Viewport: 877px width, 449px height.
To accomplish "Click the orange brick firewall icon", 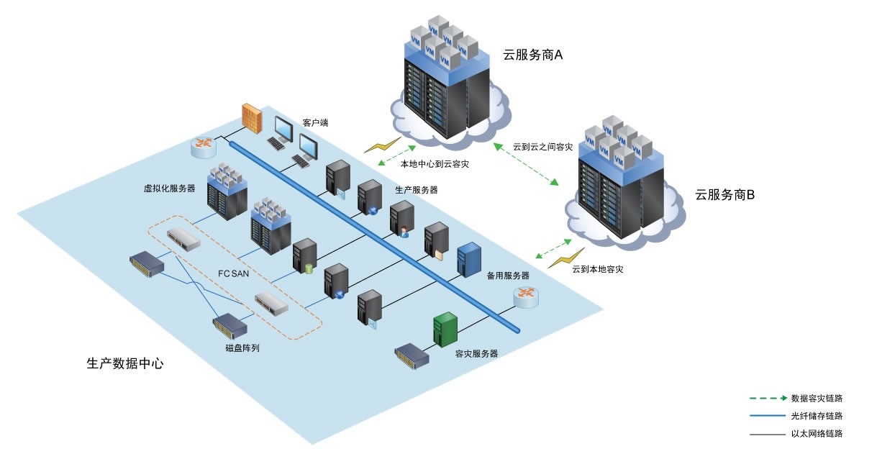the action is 251,118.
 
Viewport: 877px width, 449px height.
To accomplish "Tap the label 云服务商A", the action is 532,55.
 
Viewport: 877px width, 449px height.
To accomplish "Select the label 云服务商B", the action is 724,194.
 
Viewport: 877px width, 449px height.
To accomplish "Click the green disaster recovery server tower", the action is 445,330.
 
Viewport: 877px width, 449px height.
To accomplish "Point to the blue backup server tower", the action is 469,260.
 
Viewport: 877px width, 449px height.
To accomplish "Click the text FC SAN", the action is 233,273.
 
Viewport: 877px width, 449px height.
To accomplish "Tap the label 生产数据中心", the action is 125,363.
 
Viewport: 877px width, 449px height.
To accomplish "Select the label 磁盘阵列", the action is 242,348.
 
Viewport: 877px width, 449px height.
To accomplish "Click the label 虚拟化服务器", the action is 169,189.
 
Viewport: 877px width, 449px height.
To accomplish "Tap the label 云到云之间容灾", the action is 542,148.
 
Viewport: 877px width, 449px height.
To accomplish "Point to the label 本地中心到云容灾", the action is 435,164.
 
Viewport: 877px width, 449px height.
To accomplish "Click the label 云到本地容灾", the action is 597,269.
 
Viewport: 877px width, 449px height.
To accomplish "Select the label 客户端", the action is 315,123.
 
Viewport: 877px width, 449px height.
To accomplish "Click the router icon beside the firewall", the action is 203,146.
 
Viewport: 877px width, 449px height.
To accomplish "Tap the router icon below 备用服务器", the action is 526,296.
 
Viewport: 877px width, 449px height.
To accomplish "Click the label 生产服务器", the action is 416,190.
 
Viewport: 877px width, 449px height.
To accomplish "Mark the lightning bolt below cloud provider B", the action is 566,258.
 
